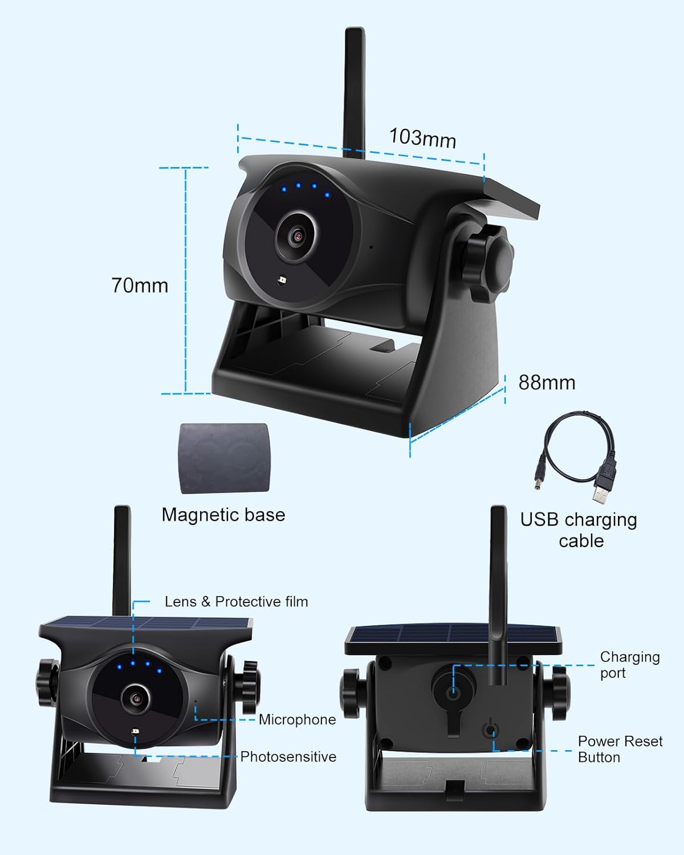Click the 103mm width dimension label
coord(422,138)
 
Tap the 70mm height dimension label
coord(140,285)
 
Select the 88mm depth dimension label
coord(547,382)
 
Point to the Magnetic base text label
coord(223,515)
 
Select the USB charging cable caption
coord(579,530)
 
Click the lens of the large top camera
coord(296,235)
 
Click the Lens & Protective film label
coord(236,601)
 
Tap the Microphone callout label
coord(297,720)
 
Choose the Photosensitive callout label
coord(288,757)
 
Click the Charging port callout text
coord(629,665)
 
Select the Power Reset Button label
coord(620,749)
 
